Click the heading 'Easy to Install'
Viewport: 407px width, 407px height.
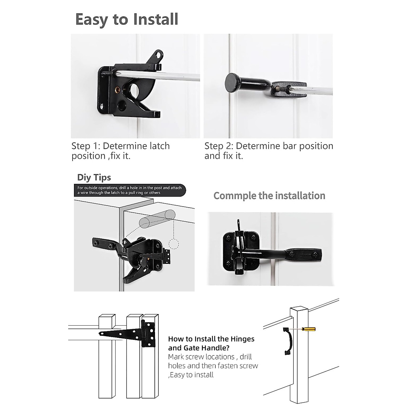coord(127,19)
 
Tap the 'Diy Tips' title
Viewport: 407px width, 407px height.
coord(94,177)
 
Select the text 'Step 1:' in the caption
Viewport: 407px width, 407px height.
coord(85,146)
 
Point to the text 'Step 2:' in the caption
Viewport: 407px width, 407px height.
coord(218,146)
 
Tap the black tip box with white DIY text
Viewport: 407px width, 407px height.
coord(130,190)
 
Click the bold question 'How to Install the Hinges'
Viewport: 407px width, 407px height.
coord(211,339)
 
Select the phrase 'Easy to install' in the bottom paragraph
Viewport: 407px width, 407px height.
coord(192,375)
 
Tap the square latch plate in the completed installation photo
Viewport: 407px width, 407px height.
coord(241,250)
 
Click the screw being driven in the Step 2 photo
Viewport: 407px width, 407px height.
coord(282,89)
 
